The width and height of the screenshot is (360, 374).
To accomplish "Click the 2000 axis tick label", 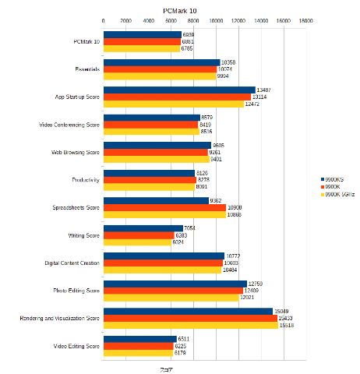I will coord(126,22).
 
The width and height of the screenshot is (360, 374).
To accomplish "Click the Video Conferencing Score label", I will coord(69,125).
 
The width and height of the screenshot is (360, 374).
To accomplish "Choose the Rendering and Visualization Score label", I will coord(59,318).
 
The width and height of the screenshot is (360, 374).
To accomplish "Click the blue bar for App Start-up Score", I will coord(179,90).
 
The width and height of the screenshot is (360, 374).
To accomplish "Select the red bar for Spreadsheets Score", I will coord(164,207).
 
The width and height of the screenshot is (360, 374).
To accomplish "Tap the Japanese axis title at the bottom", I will coord(166,369).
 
